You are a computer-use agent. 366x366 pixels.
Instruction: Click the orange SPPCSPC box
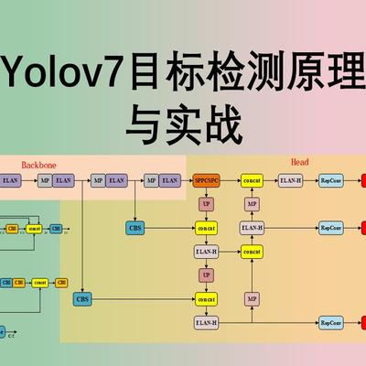click(206, 181)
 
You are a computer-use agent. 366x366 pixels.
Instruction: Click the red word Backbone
click(38, 165)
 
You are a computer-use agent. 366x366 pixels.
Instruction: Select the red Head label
click(300, 162)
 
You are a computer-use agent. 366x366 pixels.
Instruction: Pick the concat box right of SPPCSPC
click(252, 181)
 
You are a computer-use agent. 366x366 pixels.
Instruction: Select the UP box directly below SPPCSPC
click(206, 204)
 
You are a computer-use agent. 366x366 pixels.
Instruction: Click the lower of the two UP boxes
click(206, 274)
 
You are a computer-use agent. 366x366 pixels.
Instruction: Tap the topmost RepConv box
click(331, 181)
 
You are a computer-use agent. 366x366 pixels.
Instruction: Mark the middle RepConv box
click(331, 227)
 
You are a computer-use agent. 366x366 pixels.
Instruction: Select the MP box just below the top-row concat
click(252, 204)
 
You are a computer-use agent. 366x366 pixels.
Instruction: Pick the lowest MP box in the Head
click(252, 298)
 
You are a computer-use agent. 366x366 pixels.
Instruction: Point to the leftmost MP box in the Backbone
click(44, 181)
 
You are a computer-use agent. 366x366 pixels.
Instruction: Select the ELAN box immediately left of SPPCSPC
click(168, 181)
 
